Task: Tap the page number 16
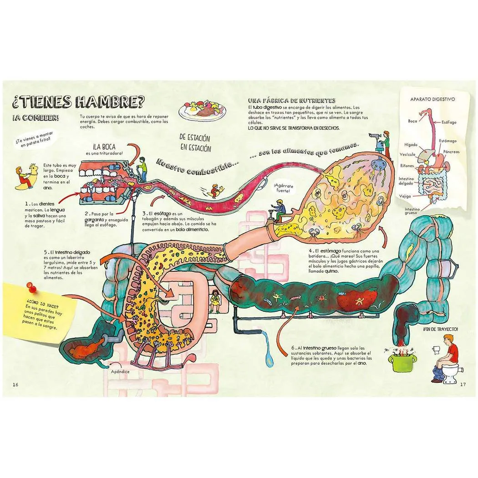pos(15,384)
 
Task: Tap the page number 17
pos(463,384)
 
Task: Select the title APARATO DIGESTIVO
pos(432,99)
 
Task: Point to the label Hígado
pos(411,145)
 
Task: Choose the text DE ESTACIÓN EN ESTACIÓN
pos(195,142)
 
